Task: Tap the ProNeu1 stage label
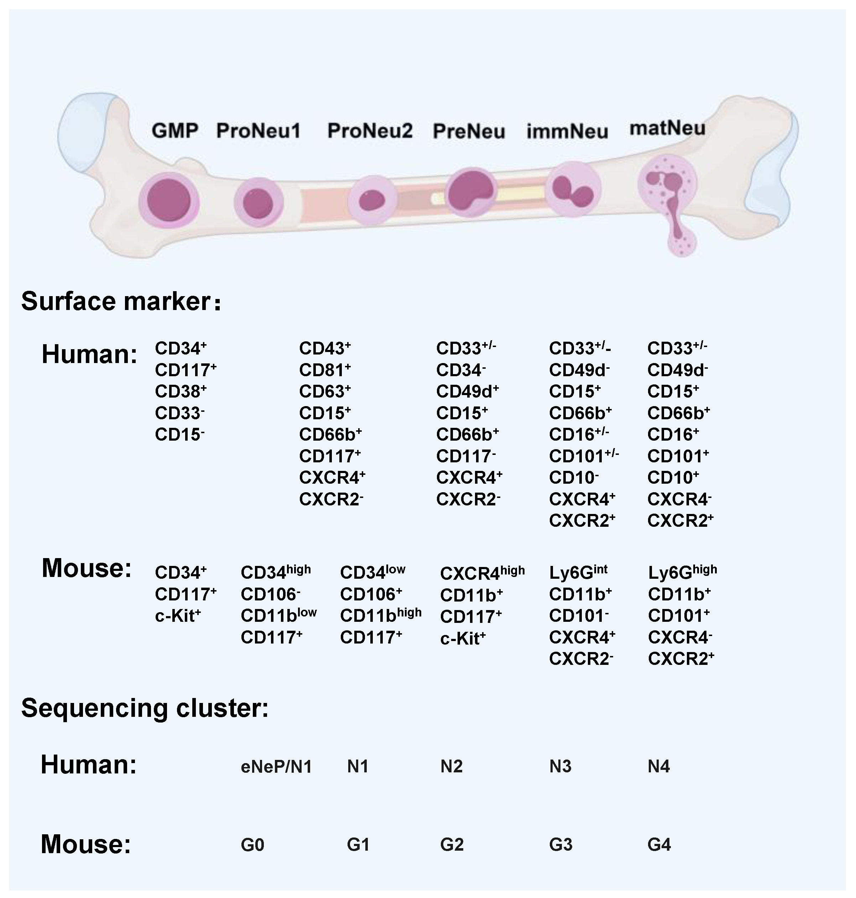tap(258, 131)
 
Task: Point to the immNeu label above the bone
tap(567, 131)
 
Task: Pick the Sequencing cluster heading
tap(145, 708)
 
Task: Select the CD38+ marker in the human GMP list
tap(181, 391)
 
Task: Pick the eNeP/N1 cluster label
tap(276, 767)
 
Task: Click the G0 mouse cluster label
tap(252, 845)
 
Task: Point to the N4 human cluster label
tap(658, 767)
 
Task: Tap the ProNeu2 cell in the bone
tap(372, 200)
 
